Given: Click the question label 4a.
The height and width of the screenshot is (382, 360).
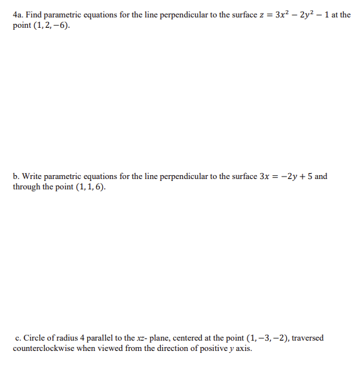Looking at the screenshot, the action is click(x=18, y=14).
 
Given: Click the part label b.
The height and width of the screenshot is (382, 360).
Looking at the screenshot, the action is click(x=16, y=176).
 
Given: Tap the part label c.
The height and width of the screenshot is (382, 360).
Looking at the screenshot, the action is click(x=17, y=337).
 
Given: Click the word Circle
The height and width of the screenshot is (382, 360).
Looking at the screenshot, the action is click(x=33, y=337).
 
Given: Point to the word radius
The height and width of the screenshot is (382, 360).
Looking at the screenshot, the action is click(x=66, y=337).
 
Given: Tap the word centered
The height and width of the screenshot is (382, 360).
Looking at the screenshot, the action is click(x=187, y=337).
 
